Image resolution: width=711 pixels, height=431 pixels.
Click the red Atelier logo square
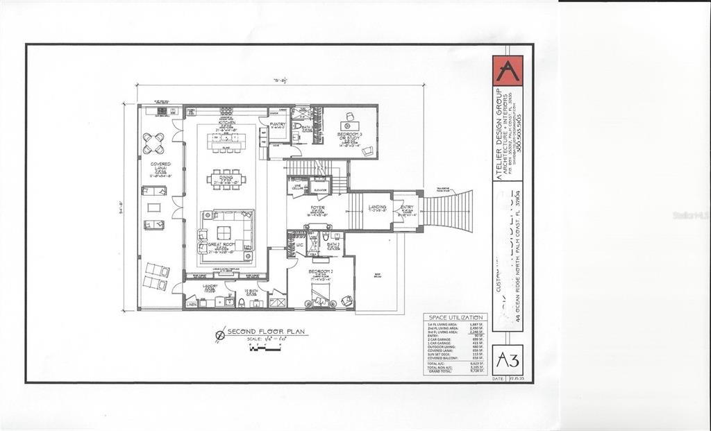coord(508,70)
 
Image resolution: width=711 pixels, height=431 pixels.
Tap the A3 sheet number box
coord(508,360)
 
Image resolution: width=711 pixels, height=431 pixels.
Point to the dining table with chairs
coord(226,178)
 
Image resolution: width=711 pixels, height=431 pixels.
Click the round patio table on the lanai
coord(153,143)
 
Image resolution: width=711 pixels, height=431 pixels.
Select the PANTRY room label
coord(278,125)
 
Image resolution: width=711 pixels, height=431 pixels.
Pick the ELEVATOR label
coord(320,189)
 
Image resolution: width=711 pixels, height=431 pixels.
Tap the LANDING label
coord(377,207)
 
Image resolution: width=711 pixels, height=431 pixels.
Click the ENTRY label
coord(407,207)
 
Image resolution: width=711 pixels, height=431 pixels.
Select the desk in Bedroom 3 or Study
coord(349,117)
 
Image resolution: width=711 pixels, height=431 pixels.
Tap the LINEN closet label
coord(192,304)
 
